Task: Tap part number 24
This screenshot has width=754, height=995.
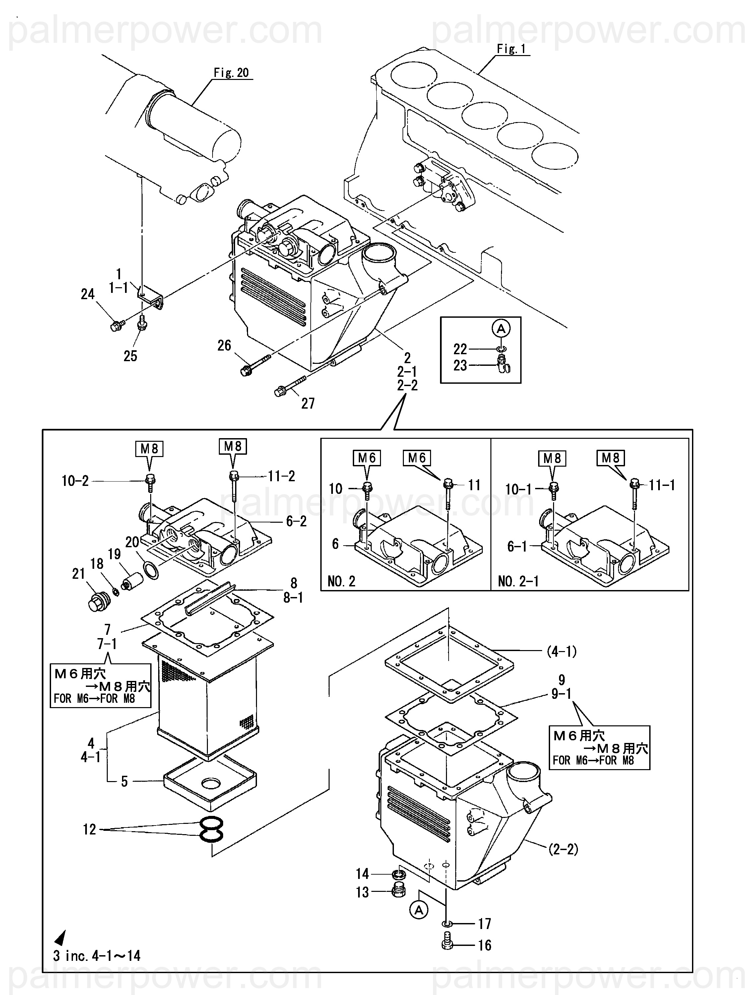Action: (88, 294)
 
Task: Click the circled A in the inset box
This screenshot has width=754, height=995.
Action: (501, 328)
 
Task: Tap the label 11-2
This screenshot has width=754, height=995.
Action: (282, 476)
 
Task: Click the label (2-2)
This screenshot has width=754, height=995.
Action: (563, 849)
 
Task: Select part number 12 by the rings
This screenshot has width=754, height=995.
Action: (90, 829)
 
